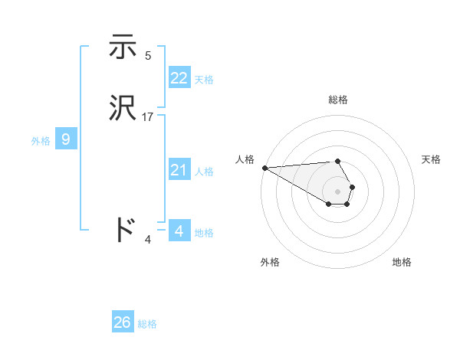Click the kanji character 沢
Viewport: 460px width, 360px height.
pyautogui.click(x=123, y=109)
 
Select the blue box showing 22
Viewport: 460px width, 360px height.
pyautogui.click(x=179, y=78)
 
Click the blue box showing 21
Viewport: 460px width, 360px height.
pyautogui.click(x=179, y=170)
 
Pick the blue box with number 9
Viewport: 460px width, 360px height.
pyautogui.click(x=66, y=139)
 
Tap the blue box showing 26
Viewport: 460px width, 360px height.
pyautogui.click(x=123, y=322)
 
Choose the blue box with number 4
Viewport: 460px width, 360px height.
pyautogui.click(x=179, y=231)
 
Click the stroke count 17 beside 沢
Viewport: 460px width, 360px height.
pyautogui.click(x=148, y=117)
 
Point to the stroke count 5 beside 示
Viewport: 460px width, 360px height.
pyautogui.click(x=148, y=56)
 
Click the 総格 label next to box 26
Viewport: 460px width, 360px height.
pyautogui.click(x=147, y=324)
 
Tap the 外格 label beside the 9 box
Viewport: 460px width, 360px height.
pyautogui.click(x=41, y=141)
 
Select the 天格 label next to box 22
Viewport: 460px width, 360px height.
pyautogui.click(x=204, y=80)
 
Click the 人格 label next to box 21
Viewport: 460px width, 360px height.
pyautogui.click(x=204, y=172)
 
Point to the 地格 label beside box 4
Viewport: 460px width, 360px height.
pyautogui.click(x=204, y=232)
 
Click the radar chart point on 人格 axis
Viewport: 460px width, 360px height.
pyautogui.click(x=264, y=168)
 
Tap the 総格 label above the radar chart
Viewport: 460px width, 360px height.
pyautogui.click(x=338, y=100)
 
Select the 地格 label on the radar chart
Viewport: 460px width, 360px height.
pyautogui.click(x=402, y=262)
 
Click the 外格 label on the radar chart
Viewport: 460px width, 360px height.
pyautogui.click(x=270, y=262)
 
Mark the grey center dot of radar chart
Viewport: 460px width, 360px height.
pyautogui.click(x=338, y=191)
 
